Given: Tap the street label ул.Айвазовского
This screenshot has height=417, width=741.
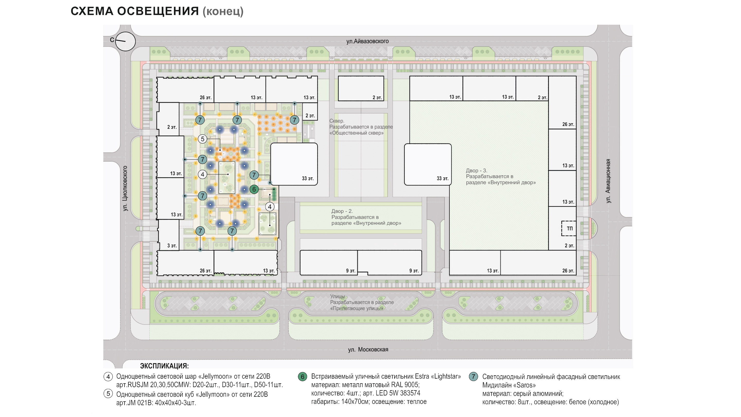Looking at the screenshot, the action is [367, 41].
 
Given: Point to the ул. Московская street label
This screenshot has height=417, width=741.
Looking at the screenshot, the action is [368, 349].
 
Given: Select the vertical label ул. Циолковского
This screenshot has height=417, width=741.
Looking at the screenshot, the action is [125, 188].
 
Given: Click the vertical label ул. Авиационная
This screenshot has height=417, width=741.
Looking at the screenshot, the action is [608, 181].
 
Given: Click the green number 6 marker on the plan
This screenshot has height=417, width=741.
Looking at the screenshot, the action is [254, 189].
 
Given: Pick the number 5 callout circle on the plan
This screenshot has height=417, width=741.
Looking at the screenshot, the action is [202, 139].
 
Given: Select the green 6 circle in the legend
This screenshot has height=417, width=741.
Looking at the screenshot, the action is [302, 377].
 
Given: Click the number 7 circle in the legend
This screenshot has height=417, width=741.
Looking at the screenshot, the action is [473, 376].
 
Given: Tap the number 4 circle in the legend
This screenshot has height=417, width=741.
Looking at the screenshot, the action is [108, 377].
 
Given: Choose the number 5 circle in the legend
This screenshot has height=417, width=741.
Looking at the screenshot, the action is [108, 393].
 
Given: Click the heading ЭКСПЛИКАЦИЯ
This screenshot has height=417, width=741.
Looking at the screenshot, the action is [164, 366].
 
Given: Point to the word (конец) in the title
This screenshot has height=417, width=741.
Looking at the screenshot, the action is [223, 11].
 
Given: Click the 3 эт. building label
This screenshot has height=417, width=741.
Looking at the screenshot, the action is [172, 246].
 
